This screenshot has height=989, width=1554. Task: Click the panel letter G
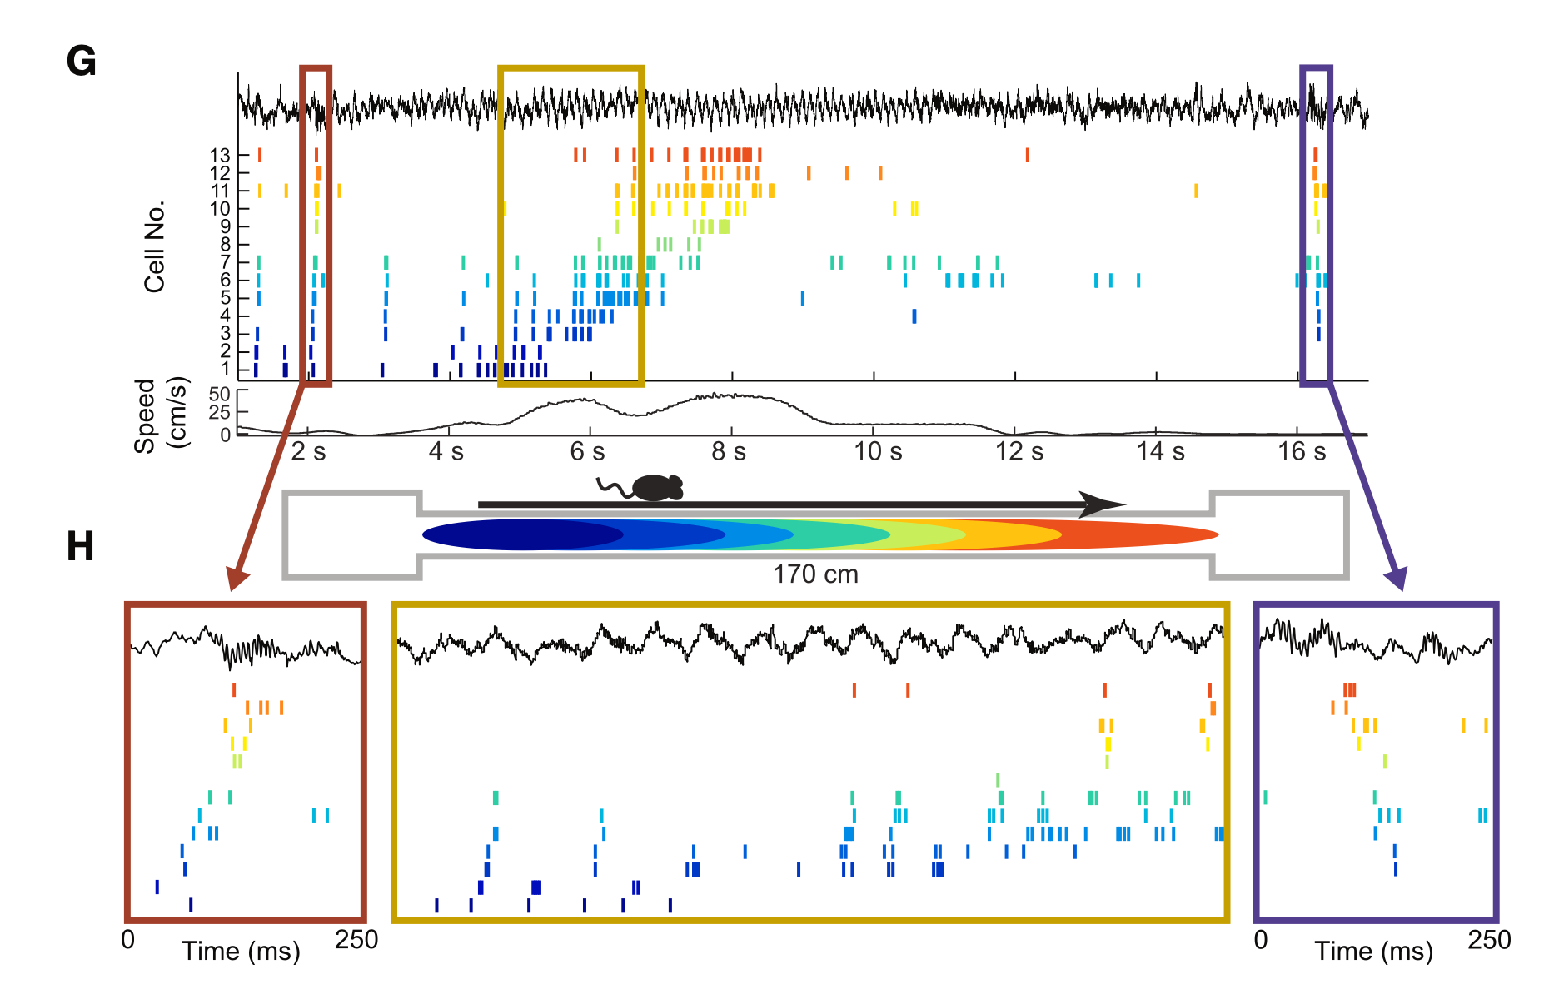pyautogui.click(x=81, y=61)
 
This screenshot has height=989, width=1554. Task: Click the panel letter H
pyautogui.click(x=80, y=546)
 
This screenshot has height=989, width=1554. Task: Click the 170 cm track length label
pyautogui.click(x=815, y=574)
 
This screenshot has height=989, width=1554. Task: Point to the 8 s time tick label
pyautogui.click(x=729, y=451)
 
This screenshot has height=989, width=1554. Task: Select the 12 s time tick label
pyautogui.click(x=1019, y=451)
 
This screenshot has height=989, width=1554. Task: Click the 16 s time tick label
pyautogui.click(x=1302, y=451)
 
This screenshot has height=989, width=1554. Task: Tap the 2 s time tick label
pyautogui.click(x=308, y=451)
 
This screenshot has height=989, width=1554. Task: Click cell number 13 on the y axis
pyautogui.click(x=220, y=156)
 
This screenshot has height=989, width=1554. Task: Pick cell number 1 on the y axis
pyautogui.click(x=225, y=369)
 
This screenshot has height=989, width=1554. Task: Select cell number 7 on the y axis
pyautogui.click(x=225, y=262)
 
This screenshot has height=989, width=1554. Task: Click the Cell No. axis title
pyautogui.click(x=155, y=246)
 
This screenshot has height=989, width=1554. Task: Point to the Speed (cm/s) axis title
pyautogui.click(x=160, y=415)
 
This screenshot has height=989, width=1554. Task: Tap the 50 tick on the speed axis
pyautogui.click(x=219, y=394)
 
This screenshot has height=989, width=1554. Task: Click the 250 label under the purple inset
pyautogui.click(x=1489, y=940)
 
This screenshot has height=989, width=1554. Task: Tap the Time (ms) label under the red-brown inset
pyautogui.click(x=241, y=951)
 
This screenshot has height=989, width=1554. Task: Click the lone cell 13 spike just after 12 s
pyautogui.click(x=1027, y=155)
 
